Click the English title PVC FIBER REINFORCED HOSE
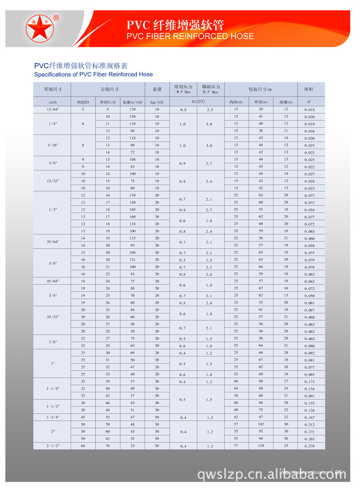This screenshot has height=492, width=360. (x=190, y=37)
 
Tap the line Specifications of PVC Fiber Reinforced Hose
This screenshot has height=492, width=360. (x=93, y=74)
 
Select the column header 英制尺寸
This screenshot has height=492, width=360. (x=53, y=89)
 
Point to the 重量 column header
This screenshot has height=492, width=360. (x=157, y=89)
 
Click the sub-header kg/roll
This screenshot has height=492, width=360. (x=157, y=102)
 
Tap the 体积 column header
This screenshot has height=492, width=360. (x=309, y=89)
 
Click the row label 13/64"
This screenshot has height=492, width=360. (x=53, y=110)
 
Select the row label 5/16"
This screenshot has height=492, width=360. (x=53, y=145)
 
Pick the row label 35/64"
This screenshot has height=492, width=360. (x=53, y=241)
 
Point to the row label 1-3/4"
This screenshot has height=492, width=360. (x=53, y=418)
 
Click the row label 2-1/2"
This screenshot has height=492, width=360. (x=53, y=446)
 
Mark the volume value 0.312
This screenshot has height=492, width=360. (x=309, y=425)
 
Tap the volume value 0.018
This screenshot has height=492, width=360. (x=309, y=110)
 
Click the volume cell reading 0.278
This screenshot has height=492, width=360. (x=309, y=447)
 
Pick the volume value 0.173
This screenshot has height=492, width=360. (x=309, y=382)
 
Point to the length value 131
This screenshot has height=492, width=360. (x=132, y=260)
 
